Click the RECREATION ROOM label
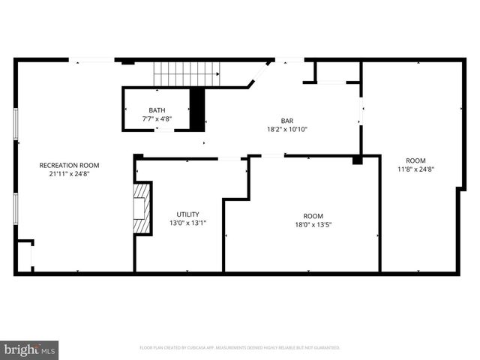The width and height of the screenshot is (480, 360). click(x=69, y=165)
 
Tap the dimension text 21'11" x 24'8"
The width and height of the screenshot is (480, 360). click(x=69, y=173)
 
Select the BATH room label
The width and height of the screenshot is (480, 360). click(x=157, y=110)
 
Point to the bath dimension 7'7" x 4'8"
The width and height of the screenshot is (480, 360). click(x=157, y=118)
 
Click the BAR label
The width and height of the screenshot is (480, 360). click(x=287, y=121)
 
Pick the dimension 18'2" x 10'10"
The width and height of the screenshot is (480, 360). click(x=287, y=129)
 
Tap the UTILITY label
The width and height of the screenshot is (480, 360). click(x=187, y=214)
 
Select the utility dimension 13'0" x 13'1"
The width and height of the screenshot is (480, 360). click(x=187, y=222)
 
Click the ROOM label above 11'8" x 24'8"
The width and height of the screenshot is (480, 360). click(x=415, y=160)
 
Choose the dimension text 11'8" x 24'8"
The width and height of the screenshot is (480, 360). click(x=415, y=169)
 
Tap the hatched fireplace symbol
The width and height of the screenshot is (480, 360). click(x=139, y=208)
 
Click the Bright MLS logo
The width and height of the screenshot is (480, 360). click(x=30, y=349)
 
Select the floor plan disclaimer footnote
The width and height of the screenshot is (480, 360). click(x=240, y=348)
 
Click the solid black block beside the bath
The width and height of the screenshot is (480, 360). click(x=197, y=109)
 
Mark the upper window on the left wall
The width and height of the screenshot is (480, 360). click(x=16, y=124)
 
